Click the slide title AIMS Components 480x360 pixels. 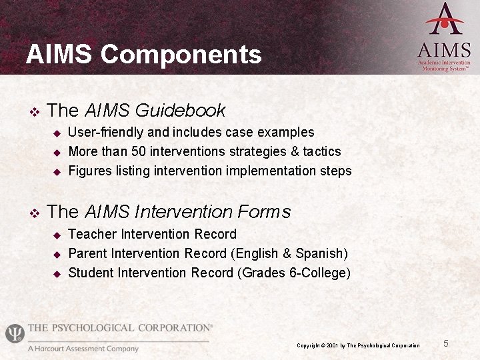[143, 54]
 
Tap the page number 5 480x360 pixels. [446, 343]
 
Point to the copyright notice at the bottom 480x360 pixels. [358, 345]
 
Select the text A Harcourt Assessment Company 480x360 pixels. [83, 349]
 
